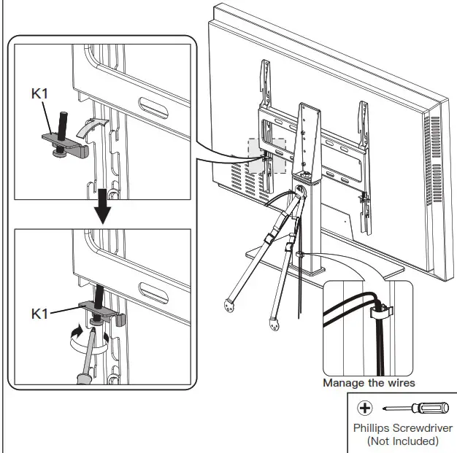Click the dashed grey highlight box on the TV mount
(266, 155)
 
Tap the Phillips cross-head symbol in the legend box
(364, 407)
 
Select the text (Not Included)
(403, 441)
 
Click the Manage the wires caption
(369, 383)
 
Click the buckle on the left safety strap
(271, 238)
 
